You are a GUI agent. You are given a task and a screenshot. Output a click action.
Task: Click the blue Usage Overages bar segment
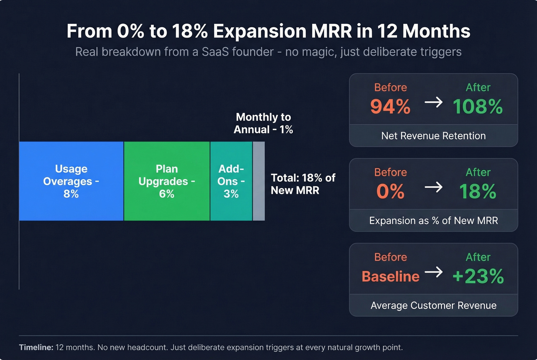tap(71, 181)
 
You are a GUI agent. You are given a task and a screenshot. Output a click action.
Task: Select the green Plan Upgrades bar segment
tap(167, 181)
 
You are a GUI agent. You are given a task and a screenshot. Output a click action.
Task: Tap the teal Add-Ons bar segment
tap(231, 181)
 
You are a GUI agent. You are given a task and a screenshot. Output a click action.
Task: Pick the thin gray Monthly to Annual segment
tap(259, 181)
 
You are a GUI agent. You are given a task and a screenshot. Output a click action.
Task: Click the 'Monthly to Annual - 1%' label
tap(264, 123)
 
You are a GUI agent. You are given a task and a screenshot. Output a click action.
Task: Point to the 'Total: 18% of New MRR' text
tap(303, 184)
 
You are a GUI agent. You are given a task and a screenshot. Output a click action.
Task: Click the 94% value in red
tap(390, 107)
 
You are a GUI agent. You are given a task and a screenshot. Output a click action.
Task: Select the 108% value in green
tap(478, 107)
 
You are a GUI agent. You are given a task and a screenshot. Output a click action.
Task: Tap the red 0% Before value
tap(390, 191)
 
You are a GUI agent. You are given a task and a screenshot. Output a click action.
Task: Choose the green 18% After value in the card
tap(478, 191)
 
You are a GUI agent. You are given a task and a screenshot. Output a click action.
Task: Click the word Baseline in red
tap(390, 276)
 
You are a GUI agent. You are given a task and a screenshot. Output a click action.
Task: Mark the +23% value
tap(478, 276)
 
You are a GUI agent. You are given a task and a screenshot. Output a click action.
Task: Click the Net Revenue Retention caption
tap(433, 136)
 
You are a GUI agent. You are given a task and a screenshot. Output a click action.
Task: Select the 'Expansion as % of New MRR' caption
tap(433, 220)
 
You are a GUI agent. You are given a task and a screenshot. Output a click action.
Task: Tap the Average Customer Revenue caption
tap(433, 305)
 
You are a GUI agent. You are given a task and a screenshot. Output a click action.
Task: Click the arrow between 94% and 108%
tap(433, 102)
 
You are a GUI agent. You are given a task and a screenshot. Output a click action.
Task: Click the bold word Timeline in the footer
tap(36, 347)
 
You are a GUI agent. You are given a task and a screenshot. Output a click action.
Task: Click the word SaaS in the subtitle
tap(217, 52)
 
